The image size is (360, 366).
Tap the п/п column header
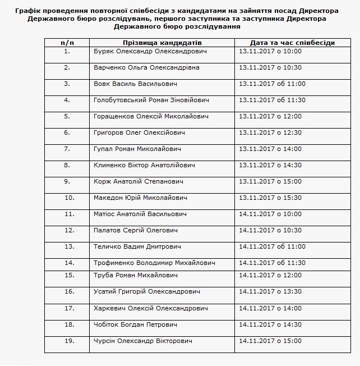click(x=67, y=43)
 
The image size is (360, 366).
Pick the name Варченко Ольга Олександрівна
click(x=147, y=67)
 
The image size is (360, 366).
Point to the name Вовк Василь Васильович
click(x=135, y=84)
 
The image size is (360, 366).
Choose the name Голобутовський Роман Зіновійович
click(x=151, y=100)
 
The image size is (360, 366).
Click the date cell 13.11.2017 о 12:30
click(x=270, y=132)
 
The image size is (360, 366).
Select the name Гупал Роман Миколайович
click(x=137, y=149)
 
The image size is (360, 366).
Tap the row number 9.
click(x=67, y=181)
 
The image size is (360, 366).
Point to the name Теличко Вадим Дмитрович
click(x=137, y=246)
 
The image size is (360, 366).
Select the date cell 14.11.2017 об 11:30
click(x=272, y=263)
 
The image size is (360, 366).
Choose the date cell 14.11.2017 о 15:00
click(x=270, y=341)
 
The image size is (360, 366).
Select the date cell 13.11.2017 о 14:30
click(x=270, y=165)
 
